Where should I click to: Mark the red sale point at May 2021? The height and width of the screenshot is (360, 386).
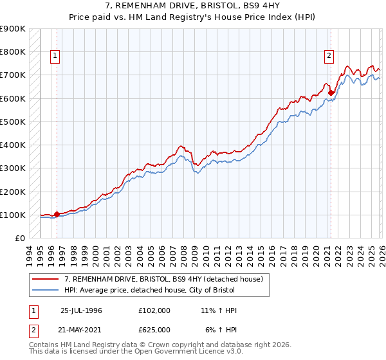331,92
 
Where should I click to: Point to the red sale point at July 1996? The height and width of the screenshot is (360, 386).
57,214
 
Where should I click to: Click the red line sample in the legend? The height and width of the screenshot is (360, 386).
46,280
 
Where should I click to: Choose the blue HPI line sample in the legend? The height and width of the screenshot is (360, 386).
46,291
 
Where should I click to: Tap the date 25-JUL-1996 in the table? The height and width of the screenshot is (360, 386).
81,310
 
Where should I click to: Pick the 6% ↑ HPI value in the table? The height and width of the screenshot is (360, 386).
221,329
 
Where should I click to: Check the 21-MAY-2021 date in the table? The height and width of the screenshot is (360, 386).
81,329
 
